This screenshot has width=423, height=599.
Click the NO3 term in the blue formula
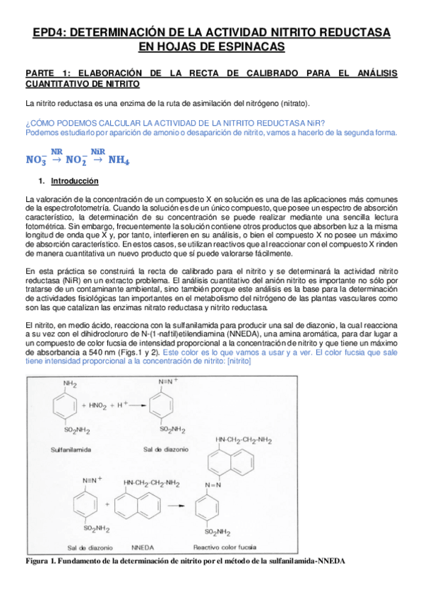click(x=35, y=160)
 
